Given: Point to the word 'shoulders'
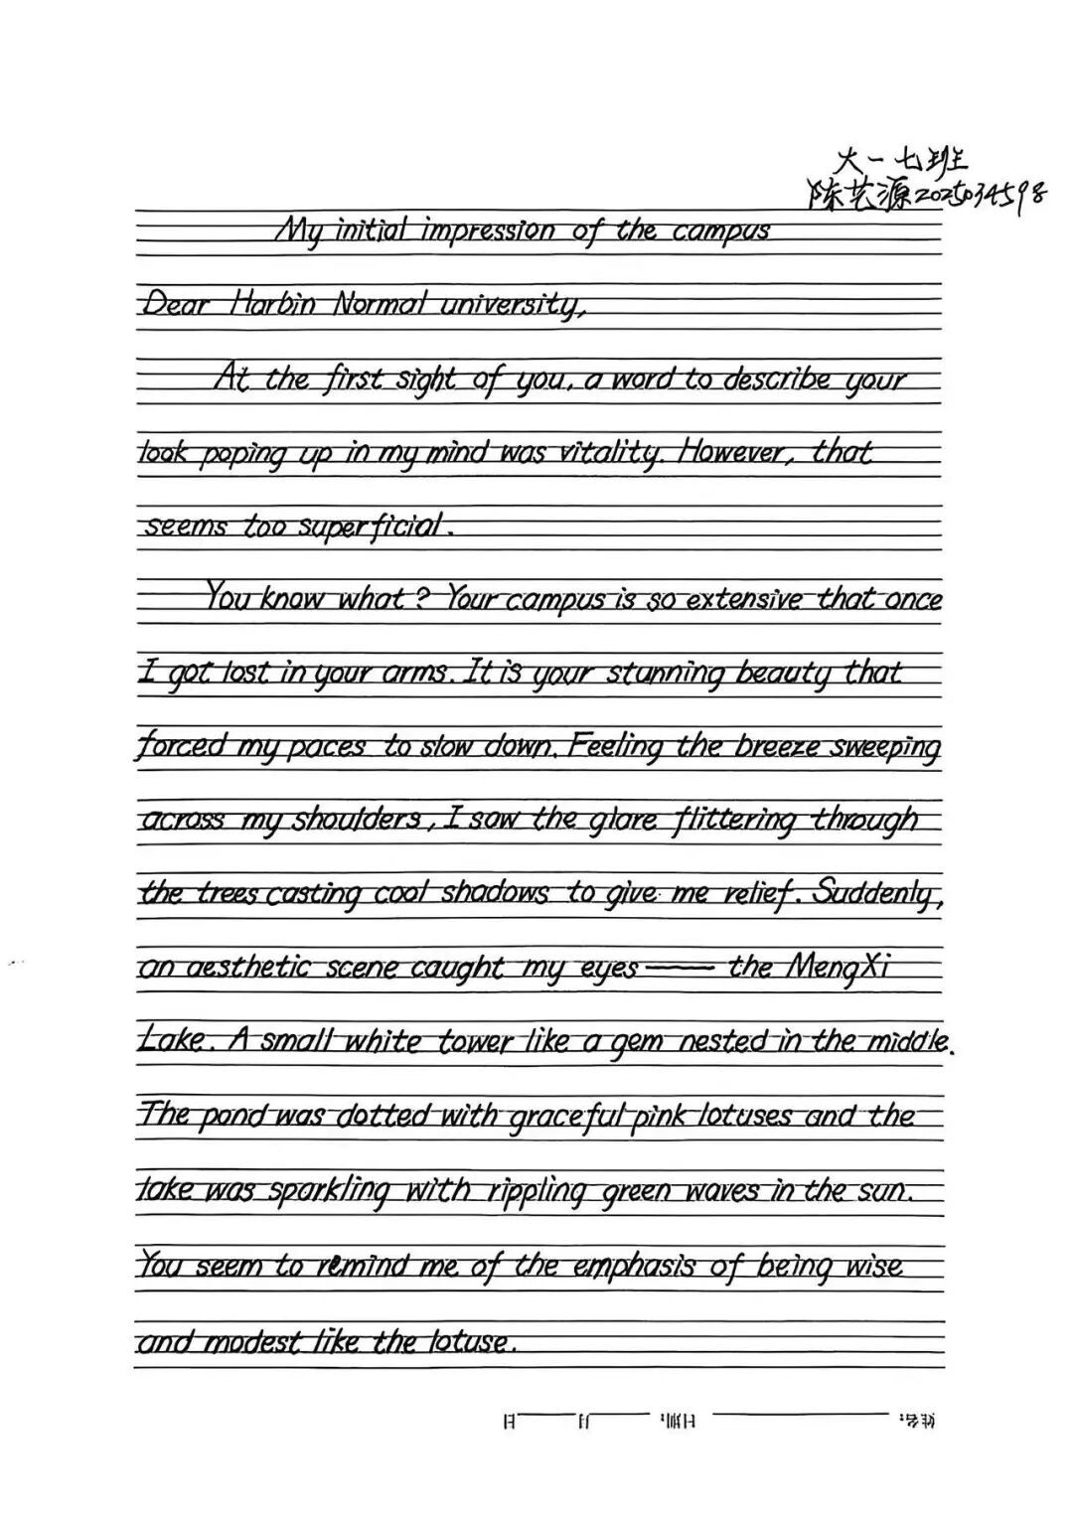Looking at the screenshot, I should [356, 821].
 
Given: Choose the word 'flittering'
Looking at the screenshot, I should [735, 821].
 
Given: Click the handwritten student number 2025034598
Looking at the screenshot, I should [979, 195].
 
